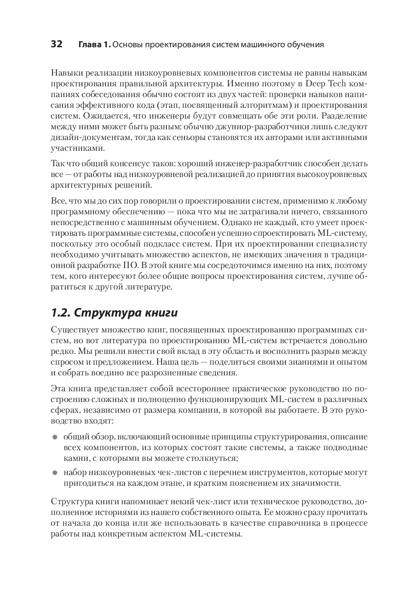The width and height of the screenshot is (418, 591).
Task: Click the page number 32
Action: [57, 44]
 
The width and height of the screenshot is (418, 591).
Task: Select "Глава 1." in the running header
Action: [94, 44]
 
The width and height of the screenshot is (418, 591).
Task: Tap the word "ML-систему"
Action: [342, 233]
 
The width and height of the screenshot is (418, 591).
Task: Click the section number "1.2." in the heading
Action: [61, 313]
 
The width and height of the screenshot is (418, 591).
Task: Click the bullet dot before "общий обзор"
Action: [55, 437]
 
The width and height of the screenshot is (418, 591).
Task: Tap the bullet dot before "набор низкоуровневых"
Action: [55, 473]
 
